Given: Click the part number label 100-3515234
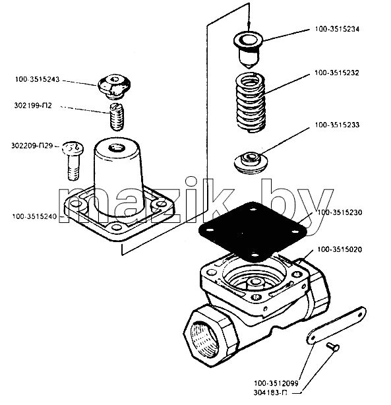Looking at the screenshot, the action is [337, 29].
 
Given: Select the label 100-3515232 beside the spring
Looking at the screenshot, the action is [337, 73].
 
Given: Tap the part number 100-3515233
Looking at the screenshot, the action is [337, 125].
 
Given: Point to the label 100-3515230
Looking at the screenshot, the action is [340, 212].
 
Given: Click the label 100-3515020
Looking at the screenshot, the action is [340, 249].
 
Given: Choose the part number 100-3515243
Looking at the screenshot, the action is [37, 79].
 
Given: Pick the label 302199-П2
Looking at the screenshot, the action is [33, 106].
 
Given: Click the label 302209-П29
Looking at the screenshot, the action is [32, 146].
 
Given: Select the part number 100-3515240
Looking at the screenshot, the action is [34, 216].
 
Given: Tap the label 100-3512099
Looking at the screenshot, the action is [276, 383].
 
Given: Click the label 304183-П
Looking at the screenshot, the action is [270, 393].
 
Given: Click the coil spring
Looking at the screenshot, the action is [251, 102].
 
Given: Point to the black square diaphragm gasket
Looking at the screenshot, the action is [253, 232].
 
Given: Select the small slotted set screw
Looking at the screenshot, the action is [117, 117].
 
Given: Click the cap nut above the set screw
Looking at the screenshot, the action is [114, 87].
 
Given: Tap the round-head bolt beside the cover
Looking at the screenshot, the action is [73, 160].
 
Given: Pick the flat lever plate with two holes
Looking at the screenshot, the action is [336, 325].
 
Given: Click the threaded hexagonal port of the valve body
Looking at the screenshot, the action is [210, 336].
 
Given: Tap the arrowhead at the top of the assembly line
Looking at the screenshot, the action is [249, 29].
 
